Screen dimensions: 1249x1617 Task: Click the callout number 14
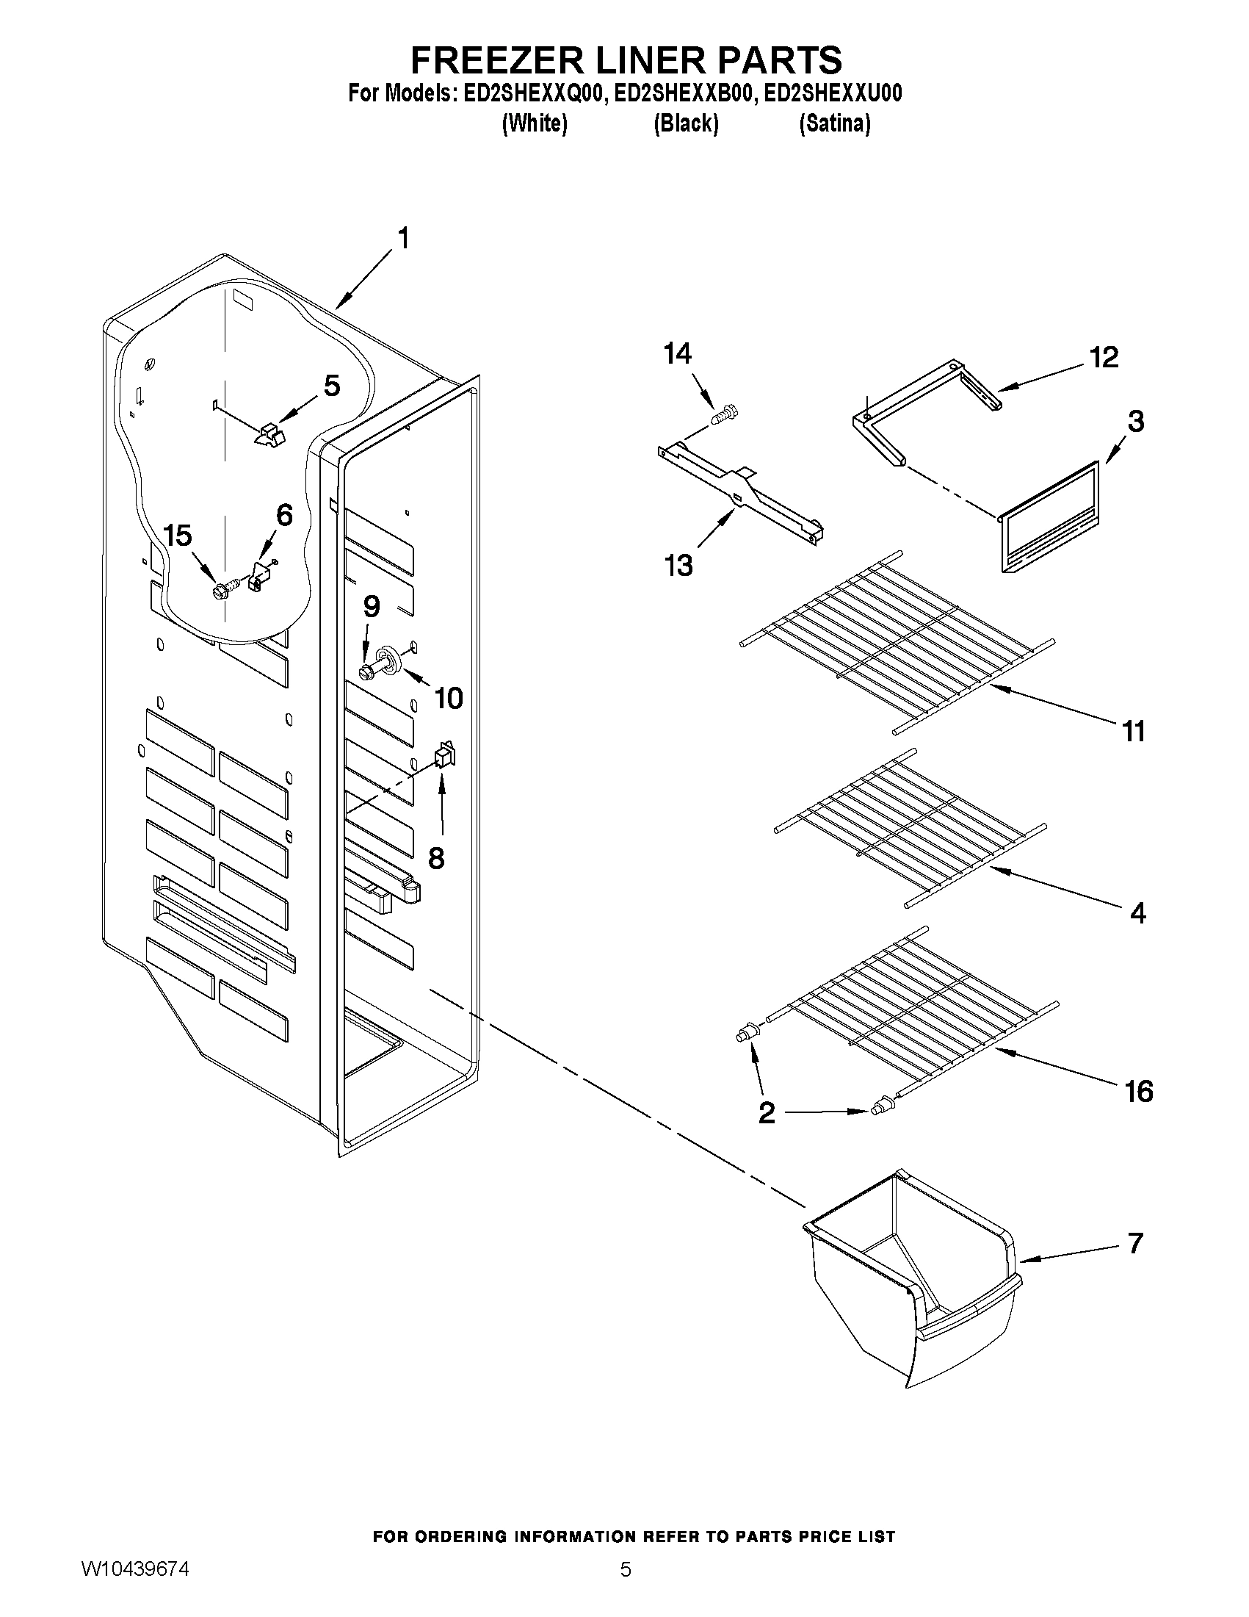(677, 355)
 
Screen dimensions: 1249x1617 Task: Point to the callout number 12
(1103, 358)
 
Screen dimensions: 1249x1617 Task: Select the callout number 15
(178, 536)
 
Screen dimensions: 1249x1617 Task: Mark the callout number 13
(678, 566)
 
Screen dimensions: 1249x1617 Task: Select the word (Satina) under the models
(835, 123)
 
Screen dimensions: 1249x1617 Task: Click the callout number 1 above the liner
(403, 239)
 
